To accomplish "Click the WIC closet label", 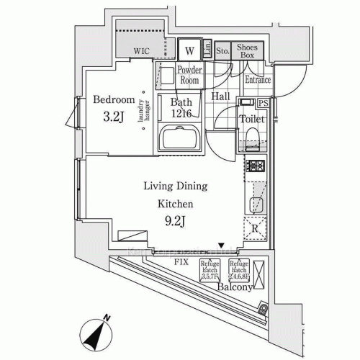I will pyautogui.click(x=141, y=51).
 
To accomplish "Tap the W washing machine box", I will pyautogui.click(x=189, y=50).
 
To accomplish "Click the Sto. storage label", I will pyautogui.click(x=222, y=51).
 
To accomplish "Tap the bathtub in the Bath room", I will pyautogui.click(x=181, y=137).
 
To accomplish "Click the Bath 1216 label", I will pyautogui.click(x=180, y=107).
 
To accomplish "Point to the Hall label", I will pyautogui.click(x=221, y=96).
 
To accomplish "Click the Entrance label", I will pyautogui.click(x=257, y=79).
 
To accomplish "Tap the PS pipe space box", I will pyautogui.click(x=264, y=103).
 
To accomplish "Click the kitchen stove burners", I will pyautogui.click(x=257, y=167).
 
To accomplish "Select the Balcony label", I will pyautogui.click(x=235, y=287).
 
